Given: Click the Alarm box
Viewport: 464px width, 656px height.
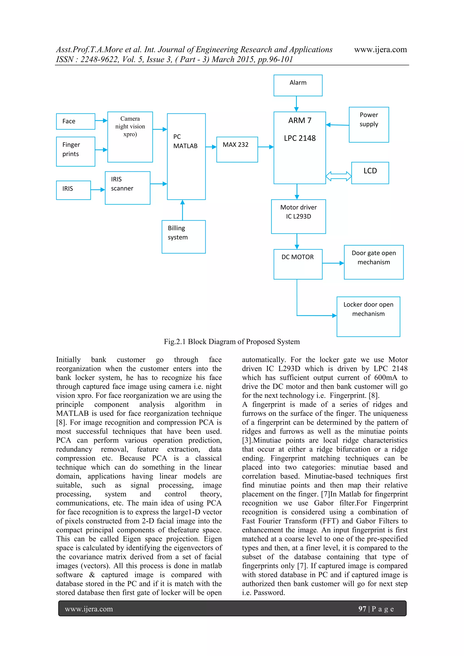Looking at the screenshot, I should point(298,85).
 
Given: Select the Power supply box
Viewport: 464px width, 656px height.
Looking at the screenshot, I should point(369,125).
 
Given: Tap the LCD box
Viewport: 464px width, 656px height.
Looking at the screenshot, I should point(370,173).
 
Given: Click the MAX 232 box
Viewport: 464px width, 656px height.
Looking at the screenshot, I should point(237,149).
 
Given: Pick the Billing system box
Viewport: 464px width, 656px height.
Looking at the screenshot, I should point(184,237).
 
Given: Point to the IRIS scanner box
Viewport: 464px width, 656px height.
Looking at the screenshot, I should point(127,188).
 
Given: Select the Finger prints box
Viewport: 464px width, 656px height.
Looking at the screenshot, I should point(75,151).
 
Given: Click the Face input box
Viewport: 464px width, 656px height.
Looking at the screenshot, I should point(75,121).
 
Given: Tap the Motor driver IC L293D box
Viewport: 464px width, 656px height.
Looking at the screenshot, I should point(298,216).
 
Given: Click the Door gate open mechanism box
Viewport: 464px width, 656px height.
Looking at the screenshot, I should point(373,262).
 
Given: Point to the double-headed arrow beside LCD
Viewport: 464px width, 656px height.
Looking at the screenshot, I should point(338,176).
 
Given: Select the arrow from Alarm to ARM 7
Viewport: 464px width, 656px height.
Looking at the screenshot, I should point(296,104).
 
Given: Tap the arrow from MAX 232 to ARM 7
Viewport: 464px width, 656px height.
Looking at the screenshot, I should point(266,147).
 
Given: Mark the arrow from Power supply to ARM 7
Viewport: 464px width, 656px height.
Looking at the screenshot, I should point(337,125).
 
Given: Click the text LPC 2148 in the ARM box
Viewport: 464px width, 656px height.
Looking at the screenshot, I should point(300,138).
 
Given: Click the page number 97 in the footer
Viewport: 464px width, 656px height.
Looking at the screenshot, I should point(362,609).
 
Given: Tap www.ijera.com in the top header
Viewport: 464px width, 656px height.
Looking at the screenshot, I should point(380,49).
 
